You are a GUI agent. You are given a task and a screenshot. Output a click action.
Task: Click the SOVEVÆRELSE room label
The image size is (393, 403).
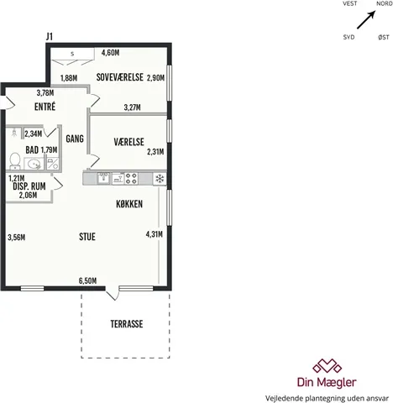pyautogui.click(x=120, y=77)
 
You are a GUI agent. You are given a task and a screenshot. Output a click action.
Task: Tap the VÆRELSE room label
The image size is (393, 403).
pyautogui.click(x=128, y=142)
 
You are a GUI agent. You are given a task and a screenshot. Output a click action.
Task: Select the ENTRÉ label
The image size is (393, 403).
pyautogui.click(x=45, y=107)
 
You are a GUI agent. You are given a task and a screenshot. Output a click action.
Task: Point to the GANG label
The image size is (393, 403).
pyautogui.click(x=75, y=139)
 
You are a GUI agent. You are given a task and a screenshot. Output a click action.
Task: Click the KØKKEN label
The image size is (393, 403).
pyautogui.click(x=129, y=204)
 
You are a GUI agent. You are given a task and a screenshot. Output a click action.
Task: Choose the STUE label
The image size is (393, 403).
pyautogui.click(x=87, y=237)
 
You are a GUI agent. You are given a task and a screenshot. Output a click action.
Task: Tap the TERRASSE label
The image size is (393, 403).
pyautogui.click(x=127, y=324)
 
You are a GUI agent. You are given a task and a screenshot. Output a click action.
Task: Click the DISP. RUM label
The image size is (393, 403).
pyautogui.click(x=29, y=186)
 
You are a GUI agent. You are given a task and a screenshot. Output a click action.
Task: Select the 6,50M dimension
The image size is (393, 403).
pyautogui.click(x=87, y=280)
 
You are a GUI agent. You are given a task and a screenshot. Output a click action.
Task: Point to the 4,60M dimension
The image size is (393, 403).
pyautogui.click(x=110, y=52)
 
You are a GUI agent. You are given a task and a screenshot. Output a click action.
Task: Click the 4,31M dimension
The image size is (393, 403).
pyautogui.click(x=155, y=234)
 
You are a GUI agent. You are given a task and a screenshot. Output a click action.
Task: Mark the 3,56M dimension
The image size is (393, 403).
pyautogui.click(x=17, y=238)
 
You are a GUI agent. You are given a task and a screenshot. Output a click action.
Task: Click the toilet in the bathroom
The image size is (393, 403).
pyautogui.click(x=15, y=161)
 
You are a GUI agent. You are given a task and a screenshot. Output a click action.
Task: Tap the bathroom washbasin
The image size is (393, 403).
pyautogui.click(x=34, y=164)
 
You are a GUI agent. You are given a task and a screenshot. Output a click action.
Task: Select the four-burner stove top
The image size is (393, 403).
pyautogui.click(x=131, y=179)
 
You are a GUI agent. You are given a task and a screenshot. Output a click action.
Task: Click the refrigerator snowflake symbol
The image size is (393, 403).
pyautogui.click(x=160, y=179)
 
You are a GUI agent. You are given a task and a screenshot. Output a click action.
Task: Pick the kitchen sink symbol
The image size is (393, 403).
pyautogui.click(x=103, y=178)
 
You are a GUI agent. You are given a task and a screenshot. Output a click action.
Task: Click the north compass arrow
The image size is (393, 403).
pyautogui.click(x=366, y=20)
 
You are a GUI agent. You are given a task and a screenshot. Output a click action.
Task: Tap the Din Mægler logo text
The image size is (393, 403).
pyautogui.click(x=327, y=382)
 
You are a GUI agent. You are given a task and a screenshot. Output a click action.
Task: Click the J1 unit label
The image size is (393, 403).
pyautogui.click(x=50, y=36)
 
